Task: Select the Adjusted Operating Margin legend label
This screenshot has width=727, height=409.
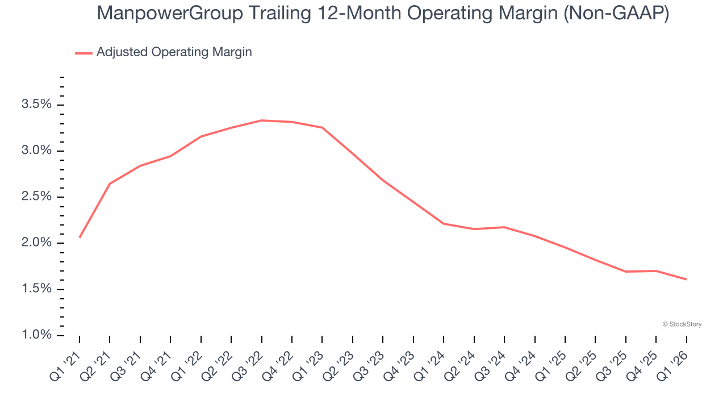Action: point(174,52)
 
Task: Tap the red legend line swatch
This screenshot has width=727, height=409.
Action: point(83,53)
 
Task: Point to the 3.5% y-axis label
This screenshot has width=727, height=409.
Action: point(36,105)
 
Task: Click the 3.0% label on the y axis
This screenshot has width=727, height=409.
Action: point(36,151)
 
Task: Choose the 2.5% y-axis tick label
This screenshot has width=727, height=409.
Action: point(36,197)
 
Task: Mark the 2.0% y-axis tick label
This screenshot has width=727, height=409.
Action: point(36,243)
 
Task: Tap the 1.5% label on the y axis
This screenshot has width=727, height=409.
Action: point(36,289)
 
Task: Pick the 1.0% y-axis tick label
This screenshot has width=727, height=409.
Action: point(36,335)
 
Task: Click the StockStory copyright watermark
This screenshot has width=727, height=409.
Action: point(682,324)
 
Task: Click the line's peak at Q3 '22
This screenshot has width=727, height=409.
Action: point(261,120)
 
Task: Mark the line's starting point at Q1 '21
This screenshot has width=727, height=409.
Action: point(80,237)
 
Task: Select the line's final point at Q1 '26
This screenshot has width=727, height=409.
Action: point(686,279)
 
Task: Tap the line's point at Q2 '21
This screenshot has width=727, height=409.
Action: point(110,183)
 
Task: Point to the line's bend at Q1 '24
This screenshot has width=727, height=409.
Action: point(444,224)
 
